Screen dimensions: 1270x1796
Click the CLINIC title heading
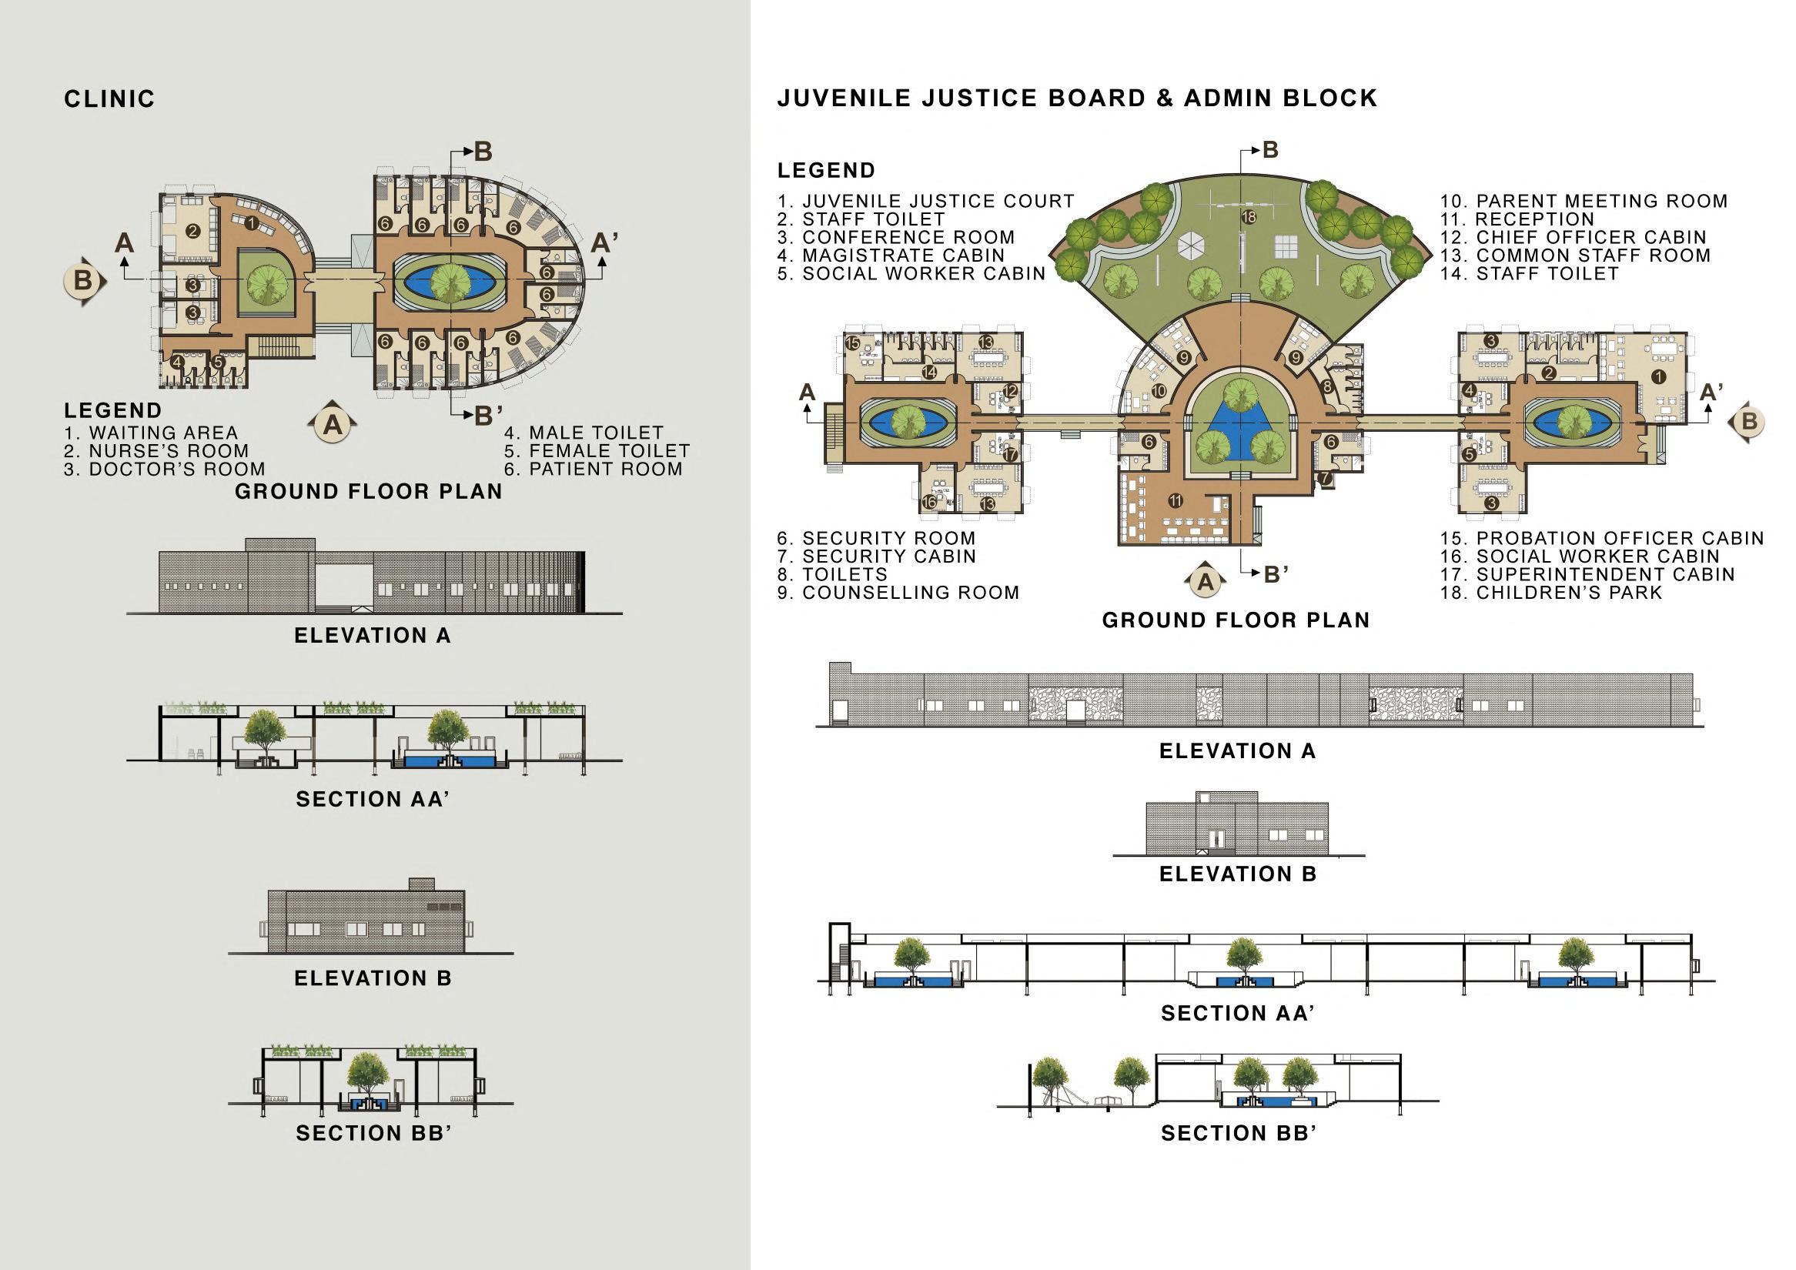pos(109,99)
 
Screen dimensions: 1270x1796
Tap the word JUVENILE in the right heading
pos(844,99)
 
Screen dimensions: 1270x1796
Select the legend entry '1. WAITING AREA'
pos(151,433)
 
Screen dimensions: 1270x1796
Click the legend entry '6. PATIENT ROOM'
pos(594,470)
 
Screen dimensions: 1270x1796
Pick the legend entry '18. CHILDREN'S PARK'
pos(1551,593)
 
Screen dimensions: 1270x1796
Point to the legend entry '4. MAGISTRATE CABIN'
pos(891,256)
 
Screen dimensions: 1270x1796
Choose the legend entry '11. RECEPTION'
pos(1517,219)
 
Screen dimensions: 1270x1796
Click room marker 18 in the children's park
pos(1249,217)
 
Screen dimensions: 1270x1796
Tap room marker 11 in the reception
pos(1175,500)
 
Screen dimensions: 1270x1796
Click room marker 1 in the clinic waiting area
pos(251,224)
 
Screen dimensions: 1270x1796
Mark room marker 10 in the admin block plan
pos(1159,390)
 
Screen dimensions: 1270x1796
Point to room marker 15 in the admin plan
pos(853,343)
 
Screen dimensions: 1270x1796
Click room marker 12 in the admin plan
pos(1011,391)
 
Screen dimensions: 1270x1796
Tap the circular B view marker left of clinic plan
pos(83,280)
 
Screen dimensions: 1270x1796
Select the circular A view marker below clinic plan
pos(333,425)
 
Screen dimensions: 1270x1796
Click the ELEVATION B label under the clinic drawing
pos(373,978)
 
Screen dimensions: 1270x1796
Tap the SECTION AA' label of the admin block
pos(1236,1014)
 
